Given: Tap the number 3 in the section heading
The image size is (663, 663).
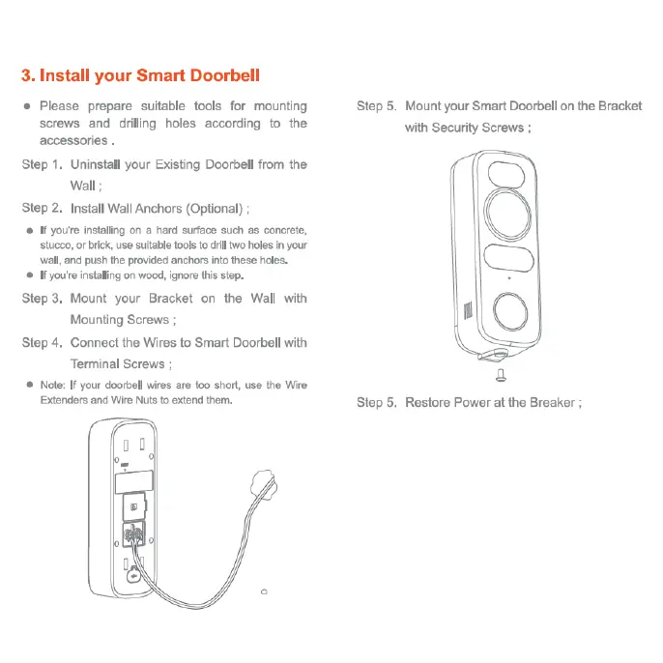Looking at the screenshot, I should click(x=27, y=75).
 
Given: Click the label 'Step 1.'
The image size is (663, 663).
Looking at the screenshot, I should click(x=43, y=164).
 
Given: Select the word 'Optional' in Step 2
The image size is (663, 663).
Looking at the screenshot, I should click(x=214, y=208).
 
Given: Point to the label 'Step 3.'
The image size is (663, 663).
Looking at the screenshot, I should click(x=43, y=299).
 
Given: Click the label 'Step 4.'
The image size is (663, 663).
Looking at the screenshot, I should click(x=43, y=342).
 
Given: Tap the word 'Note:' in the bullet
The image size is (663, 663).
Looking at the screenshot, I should click(x=52, y=385).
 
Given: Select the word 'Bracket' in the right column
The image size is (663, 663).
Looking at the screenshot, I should click(x=620, y=105).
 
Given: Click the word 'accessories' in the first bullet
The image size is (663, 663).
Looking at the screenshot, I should click(x=72, y=140).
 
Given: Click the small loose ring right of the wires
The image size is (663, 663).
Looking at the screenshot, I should click(x=264, y=591).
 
